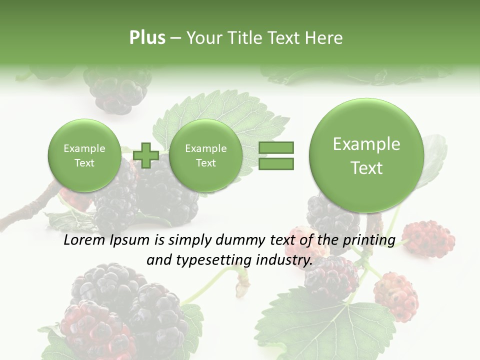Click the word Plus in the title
click(147, 38)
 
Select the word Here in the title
click(325, 38)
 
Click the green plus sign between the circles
click(146, 155)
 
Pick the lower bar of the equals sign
click(276, 164)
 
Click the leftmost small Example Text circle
click(84, 155)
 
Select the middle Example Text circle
click(205, 155)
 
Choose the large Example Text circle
click(366, 155)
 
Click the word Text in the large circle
click(366, 168)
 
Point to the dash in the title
click(175, 38)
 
